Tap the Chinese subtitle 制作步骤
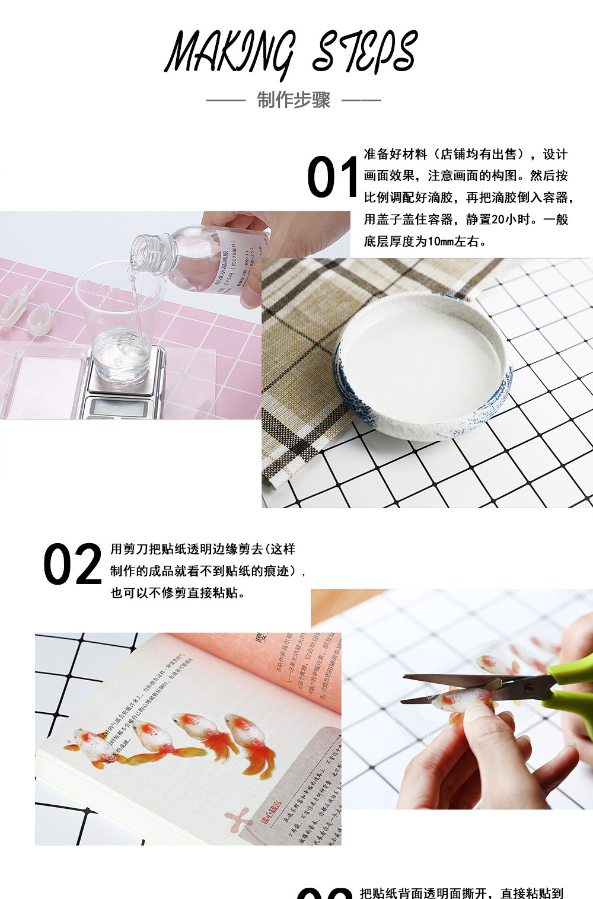(294, 100)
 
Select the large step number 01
(332, 177)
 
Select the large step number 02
(72, 565)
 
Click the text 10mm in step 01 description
(440, 241)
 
